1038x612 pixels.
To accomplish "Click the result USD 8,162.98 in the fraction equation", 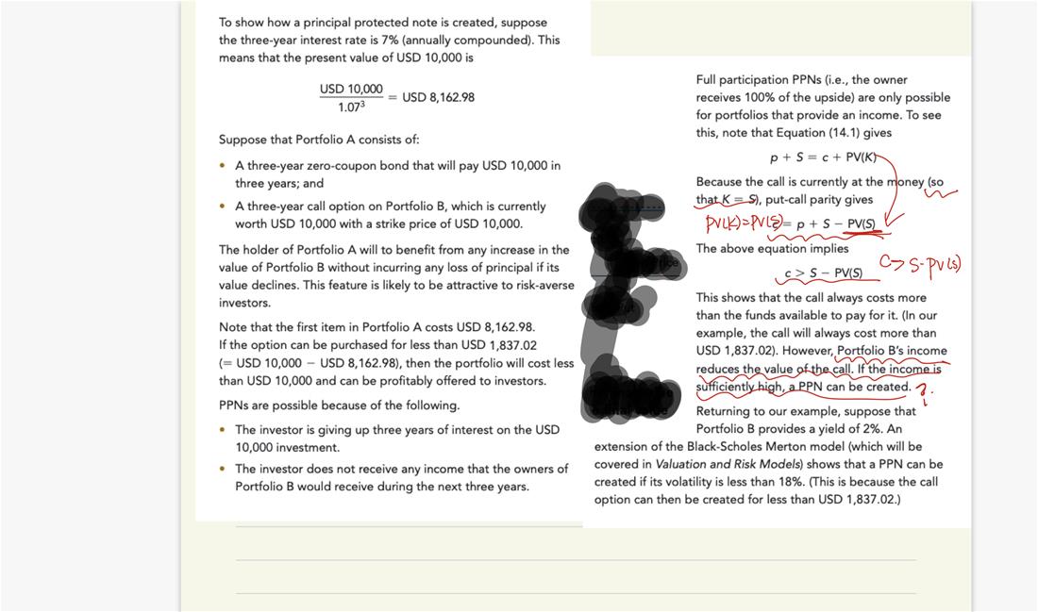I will click(438, 97).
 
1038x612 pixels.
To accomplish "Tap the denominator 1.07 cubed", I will click(350, 107).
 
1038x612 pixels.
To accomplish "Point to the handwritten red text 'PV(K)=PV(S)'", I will click(743, 223).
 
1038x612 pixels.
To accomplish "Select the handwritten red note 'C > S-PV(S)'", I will click(920, 263).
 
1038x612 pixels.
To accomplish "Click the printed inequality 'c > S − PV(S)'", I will click(824, 273).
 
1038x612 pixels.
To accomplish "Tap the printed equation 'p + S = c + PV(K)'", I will click(830, 157).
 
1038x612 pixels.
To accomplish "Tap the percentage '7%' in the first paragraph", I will click(471, 41).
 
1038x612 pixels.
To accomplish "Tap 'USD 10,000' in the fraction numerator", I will click(351, 89).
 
